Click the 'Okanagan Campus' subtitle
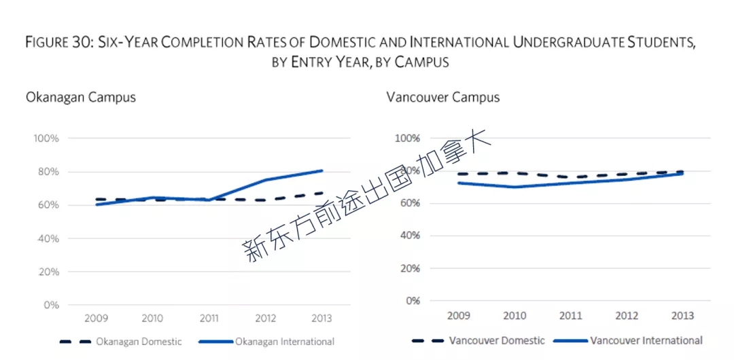click(81, 98)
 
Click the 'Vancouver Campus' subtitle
click(443, 98)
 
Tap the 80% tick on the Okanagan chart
click(46, 172)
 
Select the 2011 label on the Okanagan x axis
click(209, 319)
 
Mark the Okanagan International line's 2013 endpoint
click(322, 170)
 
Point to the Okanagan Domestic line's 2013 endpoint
click(322, 192)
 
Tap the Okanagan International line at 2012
click(266, 180)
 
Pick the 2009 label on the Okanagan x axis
click(96, 319)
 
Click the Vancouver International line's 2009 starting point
click(459, 183)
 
